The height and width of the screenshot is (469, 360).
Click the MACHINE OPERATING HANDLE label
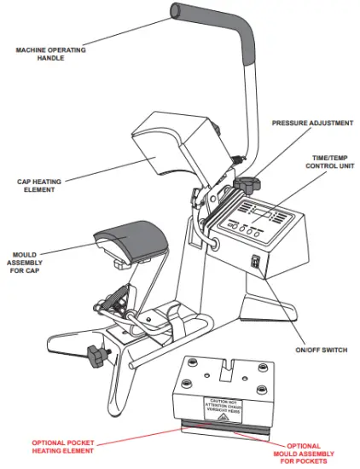(51, 55)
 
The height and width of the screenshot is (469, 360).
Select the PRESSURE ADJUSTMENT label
(312, 123)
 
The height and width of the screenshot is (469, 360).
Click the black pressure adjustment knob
(248, 184)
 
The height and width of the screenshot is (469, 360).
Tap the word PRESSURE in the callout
(292, 123)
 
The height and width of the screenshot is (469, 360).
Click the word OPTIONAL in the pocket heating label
(49, 443)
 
